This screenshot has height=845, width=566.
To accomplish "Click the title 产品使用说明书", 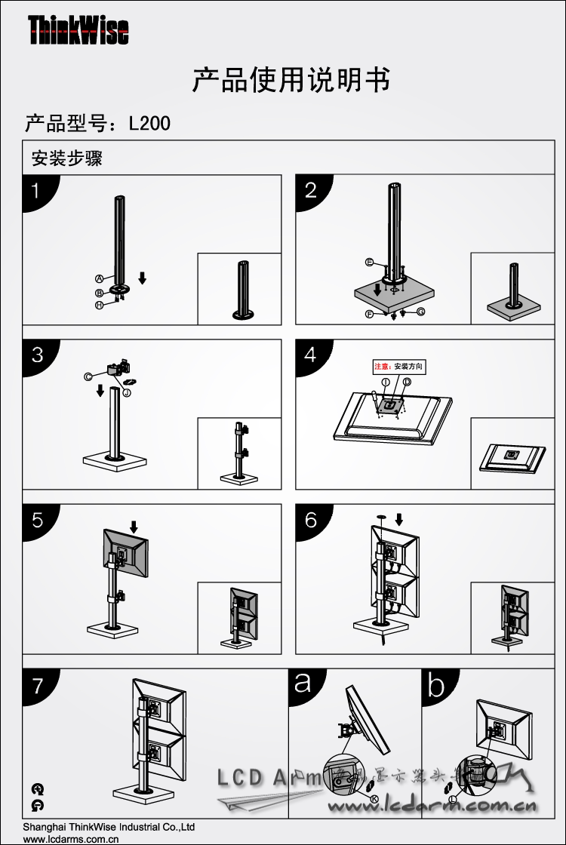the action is tap(291, 80).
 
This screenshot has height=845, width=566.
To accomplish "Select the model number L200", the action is tap(149, 123).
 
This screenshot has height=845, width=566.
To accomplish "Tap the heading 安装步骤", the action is tap(66, 159).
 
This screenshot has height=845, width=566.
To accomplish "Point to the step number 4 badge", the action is tap(310, 355).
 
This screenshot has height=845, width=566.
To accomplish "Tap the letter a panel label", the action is tap(303, 684).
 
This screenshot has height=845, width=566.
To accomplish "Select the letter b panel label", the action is tap(436, 685).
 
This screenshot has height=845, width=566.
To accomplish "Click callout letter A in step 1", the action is tap(99, 278).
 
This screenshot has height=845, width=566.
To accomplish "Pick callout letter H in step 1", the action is tap(99, 305).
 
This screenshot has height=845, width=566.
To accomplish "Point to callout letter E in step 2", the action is tap(369, 262).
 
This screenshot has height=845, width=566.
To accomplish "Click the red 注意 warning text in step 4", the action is tap(383, 367).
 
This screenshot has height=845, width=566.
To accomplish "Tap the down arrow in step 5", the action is tap(134, 525).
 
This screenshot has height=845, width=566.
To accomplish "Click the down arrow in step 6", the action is tap(399, 518).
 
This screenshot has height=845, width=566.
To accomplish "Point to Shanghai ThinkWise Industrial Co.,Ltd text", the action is tap(109, 827).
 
